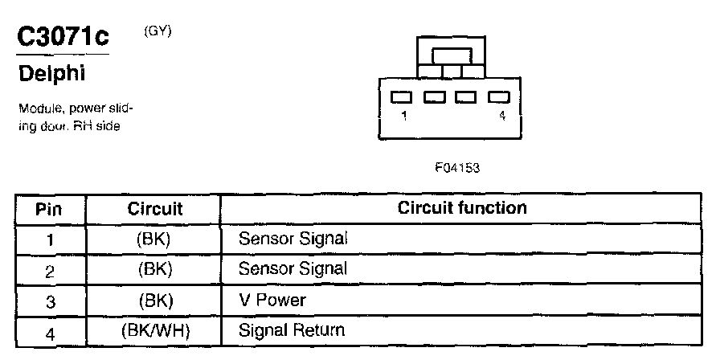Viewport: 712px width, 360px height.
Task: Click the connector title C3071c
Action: tap(62, 37)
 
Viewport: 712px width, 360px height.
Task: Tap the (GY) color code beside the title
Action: tap(158, 31)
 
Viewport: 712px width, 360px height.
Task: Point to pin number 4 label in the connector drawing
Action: tap(502, 116)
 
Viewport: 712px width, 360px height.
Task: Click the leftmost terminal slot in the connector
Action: tap(401, 97)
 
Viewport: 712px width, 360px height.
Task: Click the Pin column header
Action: tap(49, 209)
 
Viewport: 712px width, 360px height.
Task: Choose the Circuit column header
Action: tap(155, 209)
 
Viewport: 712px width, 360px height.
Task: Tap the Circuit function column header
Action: tap(462, 208)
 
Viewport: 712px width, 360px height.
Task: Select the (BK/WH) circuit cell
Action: tap(155, 329)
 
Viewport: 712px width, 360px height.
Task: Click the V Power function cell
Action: tap(272, 300)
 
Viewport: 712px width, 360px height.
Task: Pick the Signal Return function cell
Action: tap(292, 329)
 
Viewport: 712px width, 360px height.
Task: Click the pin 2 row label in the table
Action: tap(49, 270)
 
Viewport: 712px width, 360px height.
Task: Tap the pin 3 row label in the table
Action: tap(49, 301)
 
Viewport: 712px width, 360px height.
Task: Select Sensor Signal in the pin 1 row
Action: tap(293, 239)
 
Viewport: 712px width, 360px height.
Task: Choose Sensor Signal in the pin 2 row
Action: tap(293, 269)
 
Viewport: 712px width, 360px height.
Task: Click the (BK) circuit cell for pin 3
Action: tap(155, 300)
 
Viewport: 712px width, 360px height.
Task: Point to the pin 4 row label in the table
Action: tap(49, 331)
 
